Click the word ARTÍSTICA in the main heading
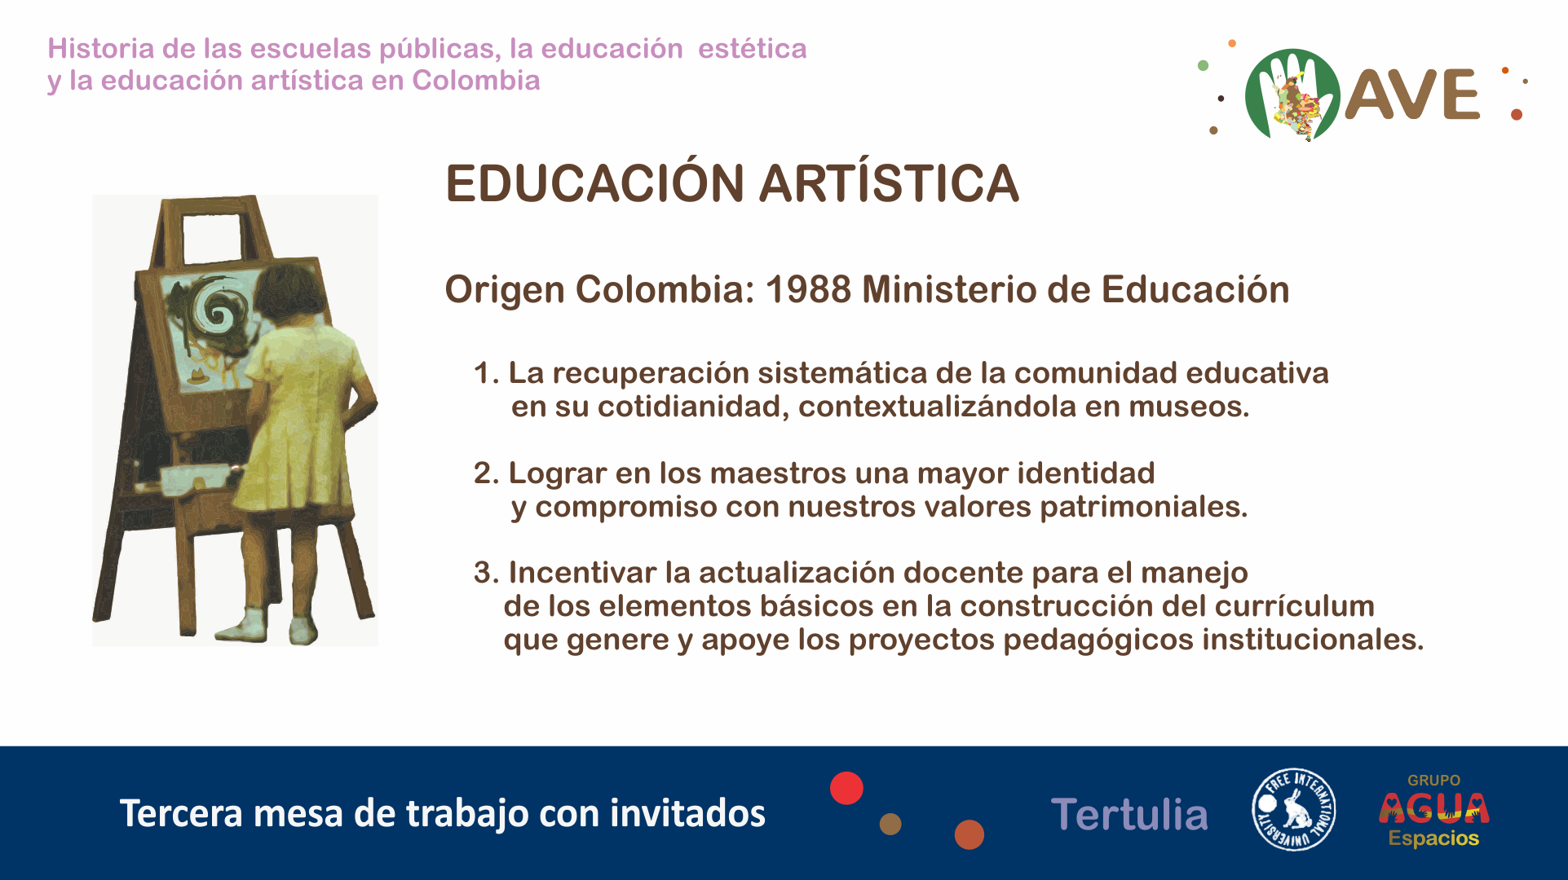[889, 183]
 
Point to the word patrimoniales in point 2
[1143, 507]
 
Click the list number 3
[485, 573]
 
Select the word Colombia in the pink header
[476, 81]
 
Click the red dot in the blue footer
[846, 788]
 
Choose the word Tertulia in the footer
[1129, 815]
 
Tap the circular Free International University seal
[1294, 809]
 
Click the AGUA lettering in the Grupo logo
[1434, 807]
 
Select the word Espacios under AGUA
[1433, 838]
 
